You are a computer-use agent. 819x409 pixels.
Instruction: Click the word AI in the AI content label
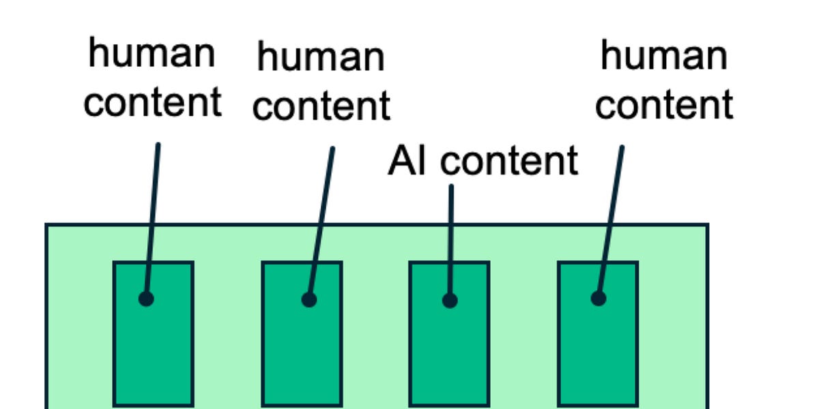tap(407, 162)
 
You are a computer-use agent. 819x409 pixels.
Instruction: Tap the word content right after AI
tap(508, 162)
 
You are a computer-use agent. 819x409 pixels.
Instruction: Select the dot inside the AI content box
tap(449, 300)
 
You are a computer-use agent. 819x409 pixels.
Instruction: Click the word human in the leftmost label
tap(152, 54)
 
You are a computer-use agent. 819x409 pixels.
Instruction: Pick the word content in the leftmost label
tap(152, 102)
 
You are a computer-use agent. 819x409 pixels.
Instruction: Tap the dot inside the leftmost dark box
tap(146, 299)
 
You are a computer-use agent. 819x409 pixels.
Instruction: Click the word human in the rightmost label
tap(663, 55)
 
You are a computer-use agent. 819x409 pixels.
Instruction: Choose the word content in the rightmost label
tap(664, 105)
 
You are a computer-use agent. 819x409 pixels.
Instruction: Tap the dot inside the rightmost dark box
tap(599, 298)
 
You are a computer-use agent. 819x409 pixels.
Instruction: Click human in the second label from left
tap(320, 57)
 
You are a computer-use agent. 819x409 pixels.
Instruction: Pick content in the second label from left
tap(321, 106)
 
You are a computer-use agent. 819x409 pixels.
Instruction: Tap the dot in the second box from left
tap(309, 299)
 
